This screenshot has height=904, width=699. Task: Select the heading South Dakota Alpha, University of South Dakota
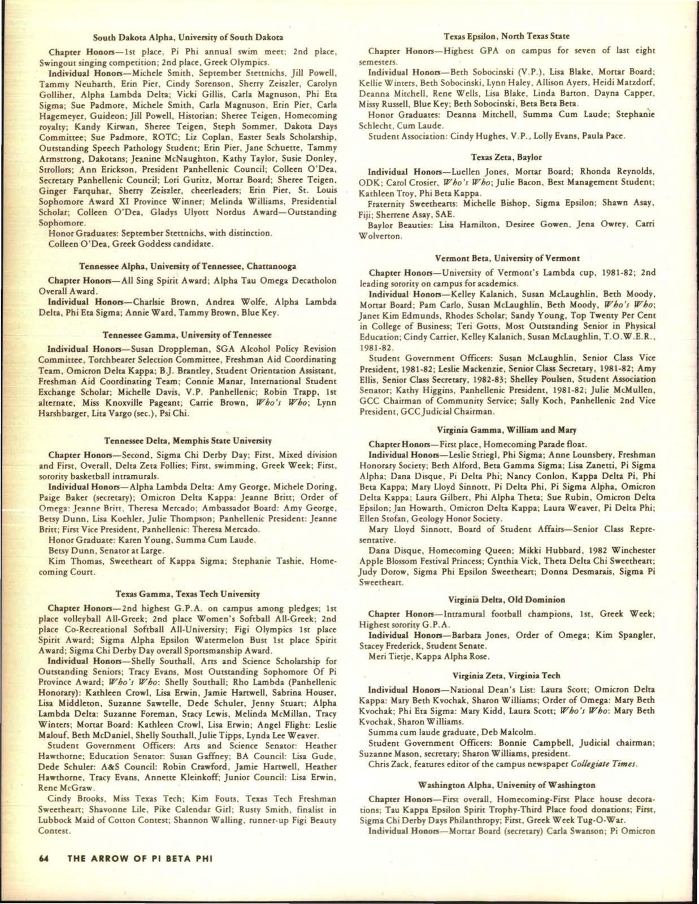(x=188, y=38)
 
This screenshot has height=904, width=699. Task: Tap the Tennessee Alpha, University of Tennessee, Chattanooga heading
(x=188, y=266)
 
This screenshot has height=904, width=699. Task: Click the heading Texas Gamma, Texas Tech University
(x=188, y=594)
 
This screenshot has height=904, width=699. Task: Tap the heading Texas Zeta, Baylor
(x=506, y=157)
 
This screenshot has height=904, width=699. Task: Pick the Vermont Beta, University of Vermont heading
(x=506, y=258)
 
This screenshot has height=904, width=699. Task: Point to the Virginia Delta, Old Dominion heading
(x=506, y=599)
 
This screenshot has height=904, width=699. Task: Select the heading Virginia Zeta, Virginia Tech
(x=506, y=675)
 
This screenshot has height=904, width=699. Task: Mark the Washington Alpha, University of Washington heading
(x=506, y=785)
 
